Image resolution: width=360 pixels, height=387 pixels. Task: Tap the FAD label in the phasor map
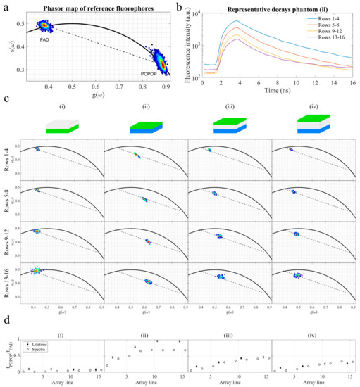(x=42, y=40)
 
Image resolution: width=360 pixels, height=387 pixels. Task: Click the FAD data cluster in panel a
(x=44, y=26)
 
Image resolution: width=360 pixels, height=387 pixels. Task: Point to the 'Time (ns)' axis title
(x=272, y=89)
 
